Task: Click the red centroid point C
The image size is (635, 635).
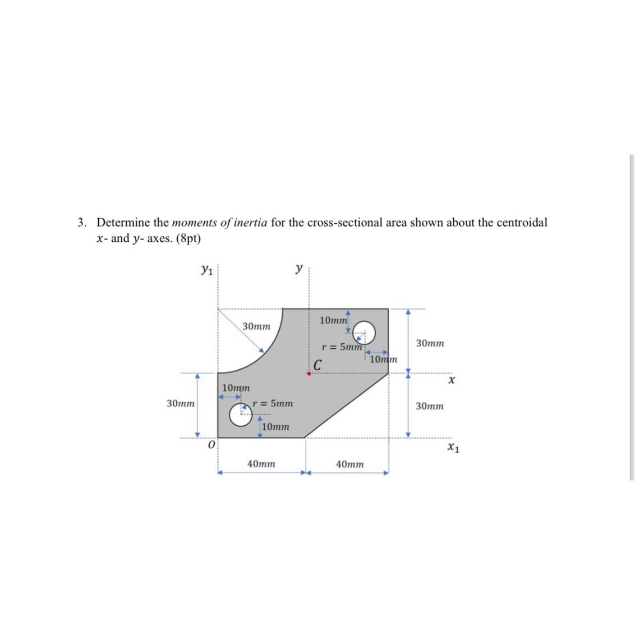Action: (309, 374)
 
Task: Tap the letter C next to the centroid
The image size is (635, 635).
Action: (317, 365)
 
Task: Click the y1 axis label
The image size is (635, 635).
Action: (207, 271)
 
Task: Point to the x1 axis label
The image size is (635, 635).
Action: (453, 447)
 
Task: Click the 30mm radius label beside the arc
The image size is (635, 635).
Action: (256, 326)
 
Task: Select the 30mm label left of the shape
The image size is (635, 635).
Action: (181, 403)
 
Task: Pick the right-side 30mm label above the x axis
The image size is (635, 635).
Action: (430, 343)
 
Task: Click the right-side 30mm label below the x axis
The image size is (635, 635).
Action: (430, 406)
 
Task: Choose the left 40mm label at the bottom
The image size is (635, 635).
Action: (261, 464)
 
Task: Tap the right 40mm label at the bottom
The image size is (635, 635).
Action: (349, 464)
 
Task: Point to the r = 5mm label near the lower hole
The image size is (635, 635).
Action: (273, 403)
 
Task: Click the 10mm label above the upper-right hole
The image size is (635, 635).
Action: (333, 320)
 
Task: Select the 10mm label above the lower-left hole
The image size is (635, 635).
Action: (236, 388)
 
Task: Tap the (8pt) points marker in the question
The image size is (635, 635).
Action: (188, 238)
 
